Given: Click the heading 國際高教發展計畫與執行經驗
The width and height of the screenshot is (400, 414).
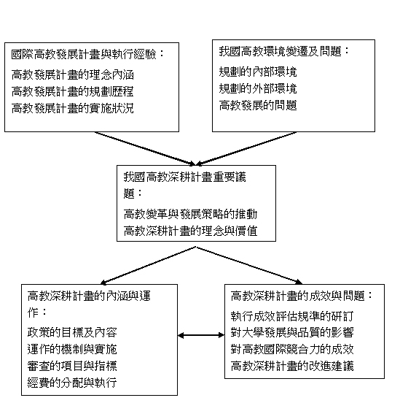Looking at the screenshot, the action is coord(84,54).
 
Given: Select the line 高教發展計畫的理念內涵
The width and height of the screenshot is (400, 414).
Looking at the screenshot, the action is coord(73,74).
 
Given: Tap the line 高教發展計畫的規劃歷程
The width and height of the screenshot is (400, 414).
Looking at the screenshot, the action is coord(73,91).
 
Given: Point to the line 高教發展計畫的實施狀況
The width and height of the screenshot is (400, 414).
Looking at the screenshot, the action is coord(73,108).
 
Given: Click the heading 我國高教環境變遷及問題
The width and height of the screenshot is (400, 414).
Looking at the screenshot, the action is coord(281,51).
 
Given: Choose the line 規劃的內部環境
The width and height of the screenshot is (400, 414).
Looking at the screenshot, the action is coord(258,72).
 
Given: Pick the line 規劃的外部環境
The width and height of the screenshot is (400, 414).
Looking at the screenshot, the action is coord(258,88).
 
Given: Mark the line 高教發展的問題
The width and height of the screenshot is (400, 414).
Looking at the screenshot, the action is coord(258,105).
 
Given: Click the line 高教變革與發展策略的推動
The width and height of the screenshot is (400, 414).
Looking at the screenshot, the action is coord(190,214).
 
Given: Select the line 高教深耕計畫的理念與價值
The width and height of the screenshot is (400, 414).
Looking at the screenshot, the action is coord(190,231).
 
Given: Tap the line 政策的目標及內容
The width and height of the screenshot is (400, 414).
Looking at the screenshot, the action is coord(72,332).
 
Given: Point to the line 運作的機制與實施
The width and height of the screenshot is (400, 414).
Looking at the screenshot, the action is coord(72,349).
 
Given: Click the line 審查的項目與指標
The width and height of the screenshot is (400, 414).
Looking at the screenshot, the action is coord(72,366).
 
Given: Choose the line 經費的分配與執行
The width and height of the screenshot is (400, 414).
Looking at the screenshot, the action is coord(72,383).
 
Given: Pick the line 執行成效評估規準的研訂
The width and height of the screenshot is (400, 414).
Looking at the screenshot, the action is coord(292,315).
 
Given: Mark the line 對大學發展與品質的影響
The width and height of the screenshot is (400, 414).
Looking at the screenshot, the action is coord(292,332).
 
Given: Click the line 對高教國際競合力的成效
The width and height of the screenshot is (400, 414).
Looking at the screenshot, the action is coord(292,349).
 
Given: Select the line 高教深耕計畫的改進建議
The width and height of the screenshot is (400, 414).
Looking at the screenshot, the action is coord(292,366).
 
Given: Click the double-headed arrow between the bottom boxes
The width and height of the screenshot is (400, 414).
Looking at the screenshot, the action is coord(201,335).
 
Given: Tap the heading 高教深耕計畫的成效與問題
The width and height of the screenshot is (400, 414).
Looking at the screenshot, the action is coord(298,296).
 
